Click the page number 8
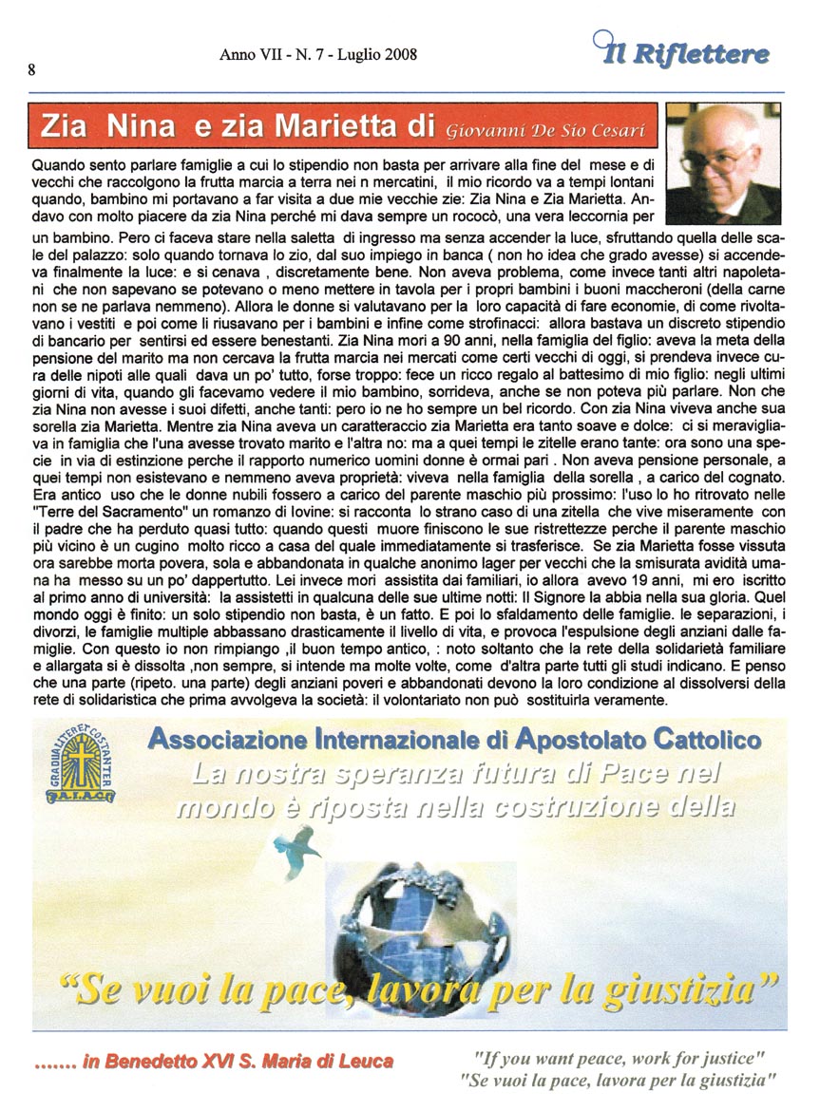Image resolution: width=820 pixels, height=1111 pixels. click(32, 70)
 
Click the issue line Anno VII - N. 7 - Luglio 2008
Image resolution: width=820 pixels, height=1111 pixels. click(318, 55)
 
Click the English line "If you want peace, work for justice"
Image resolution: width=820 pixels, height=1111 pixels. click(619, 1057)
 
